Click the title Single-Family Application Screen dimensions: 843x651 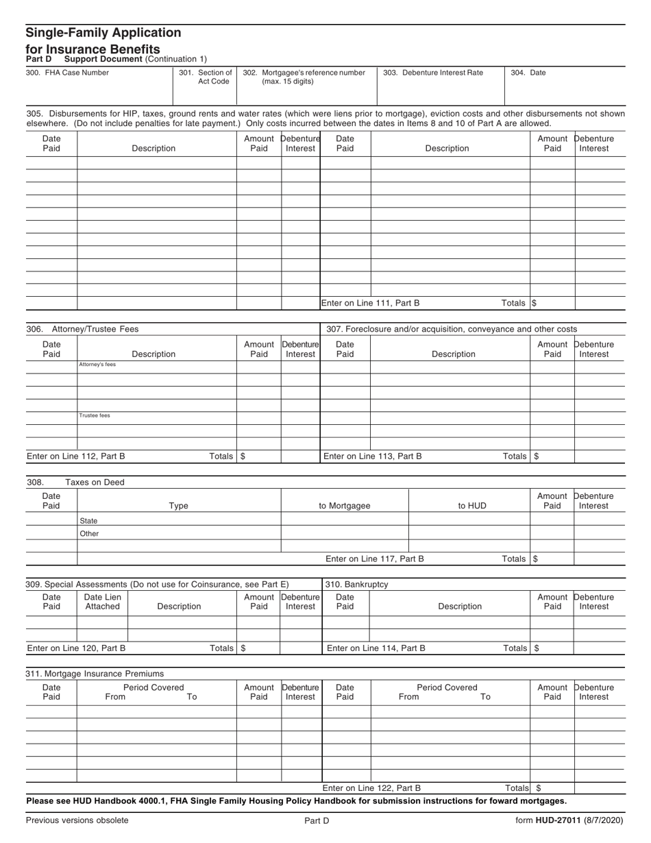[x=103, y=33]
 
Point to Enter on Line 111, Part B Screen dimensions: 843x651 [x=371, y=303]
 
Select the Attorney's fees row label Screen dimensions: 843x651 [x=97, y=365]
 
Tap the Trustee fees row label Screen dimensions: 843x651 [x=95, y=415]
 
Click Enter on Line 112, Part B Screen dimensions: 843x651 [x=76, y=456]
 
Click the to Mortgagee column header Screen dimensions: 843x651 [x=345, y=506]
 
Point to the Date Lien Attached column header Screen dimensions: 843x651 [x=102, y=601]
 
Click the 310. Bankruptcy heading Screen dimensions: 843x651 [x=356, y=584]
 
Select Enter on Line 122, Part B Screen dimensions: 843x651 [x=371, y=788]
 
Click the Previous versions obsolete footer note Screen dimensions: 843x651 [x=77, y=820]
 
